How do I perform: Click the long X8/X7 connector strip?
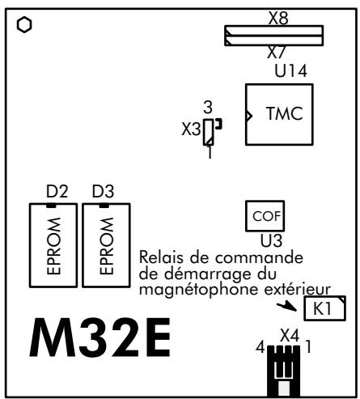(273, 36)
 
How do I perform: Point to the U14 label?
(290, 72)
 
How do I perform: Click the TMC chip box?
(277, 114)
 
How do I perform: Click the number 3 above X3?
(209, 106)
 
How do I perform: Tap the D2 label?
(57, 192)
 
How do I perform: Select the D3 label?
(104, 192)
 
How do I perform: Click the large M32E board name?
(101, 340)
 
